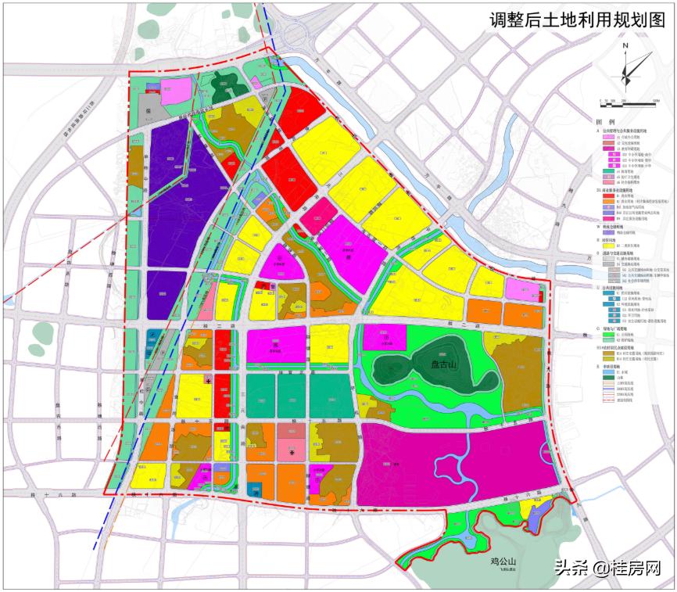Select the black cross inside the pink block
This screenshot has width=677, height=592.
292,452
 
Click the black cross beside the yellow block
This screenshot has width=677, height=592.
209,379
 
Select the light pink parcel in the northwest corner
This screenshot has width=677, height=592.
177,91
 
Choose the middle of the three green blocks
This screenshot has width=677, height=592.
292,396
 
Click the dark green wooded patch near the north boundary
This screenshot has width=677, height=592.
227,84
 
